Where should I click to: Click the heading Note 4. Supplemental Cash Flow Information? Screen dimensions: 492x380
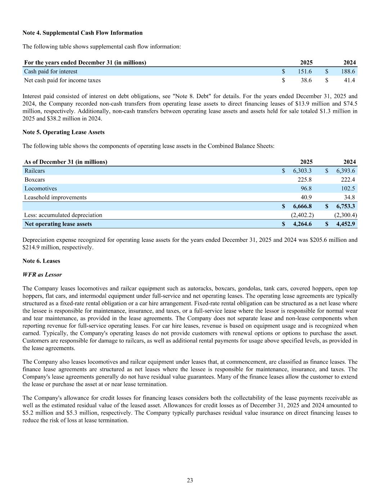point(82,33)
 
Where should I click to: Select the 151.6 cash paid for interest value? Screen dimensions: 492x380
point(305,71)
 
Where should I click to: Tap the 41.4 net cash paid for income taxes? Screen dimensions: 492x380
point(349,80)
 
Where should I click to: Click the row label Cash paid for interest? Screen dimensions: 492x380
point(51,71)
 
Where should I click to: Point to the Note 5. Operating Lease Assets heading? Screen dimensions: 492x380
point(63,132)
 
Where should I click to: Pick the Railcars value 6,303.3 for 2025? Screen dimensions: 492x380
point(302,171)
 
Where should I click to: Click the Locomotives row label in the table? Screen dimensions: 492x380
point(41,189)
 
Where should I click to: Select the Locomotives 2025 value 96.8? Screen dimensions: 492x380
point(306,189)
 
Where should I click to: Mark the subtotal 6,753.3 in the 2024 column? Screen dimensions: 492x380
point(345,206)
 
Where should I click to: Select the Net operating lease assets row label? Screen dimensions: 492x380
point(58,224)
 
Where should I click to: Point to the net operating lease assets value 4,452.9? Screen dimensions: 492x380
point(345,224)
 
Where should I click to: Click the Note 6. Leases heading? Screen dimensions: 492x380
point(41,261)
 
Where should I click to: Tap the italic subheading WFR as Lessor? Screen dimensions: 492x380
point(42,275)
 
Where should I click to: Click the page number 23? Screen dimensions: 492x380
point(190,480)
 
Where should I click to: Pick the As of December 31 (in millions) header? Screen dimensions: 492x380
point(66,162)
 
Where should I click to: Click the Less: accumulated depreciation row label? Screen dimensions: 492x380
point(63,215)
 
